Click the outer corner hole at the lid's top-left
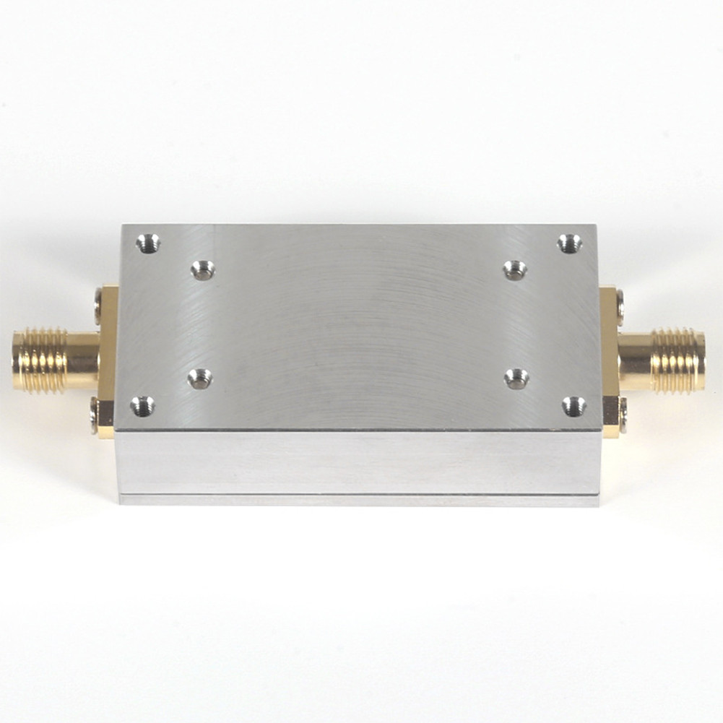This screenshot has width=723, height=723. (x=148, y=243)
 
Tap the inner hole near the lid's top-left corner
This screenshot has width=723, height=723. (x=202, y=271)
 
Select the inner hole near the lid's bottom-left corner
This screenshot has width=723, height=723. (x=200, y=378)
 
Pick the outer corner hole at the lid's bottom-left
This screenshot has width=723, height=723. (x=142, y=406)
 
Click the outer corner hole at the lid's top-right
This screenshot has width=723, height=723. (x=569, y=243)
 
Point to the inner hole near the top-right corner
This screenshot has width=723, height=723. (x=515, y=271)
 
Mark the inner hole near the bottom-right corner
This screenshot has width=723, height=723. (x=516, y=378)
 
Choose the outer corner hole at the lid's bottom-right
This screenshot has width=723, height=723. (x=574, y=406)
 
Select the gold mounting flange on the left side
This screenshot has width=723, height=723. (x=108, y=361)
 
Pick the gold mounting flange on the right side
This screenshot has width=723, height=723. (x=609, y=361)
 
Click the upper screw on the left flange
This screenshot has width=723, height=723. (x=99, y=306)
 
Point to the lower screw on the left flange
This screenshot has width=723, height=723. (x=95, y=416)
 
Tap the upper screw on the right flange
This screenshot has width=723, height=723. (x=620, y=306)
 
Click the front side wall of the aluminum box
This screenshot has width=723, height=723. (x=358, y=462)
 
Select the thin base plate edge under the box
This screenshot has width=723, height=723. (x=358, y=500)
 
